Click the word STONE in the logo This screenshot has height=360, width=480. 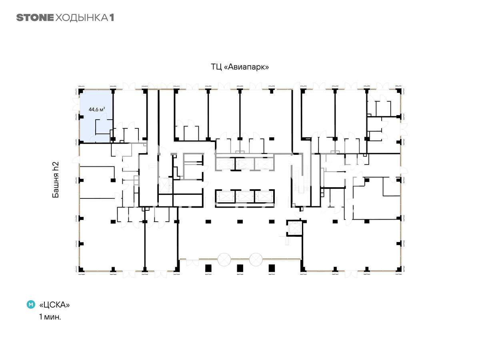pos(35,18)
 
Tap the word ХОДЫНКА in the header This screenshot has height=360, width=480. pos(82,18)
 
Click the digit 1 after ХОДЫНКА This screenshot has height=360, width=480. pos(112,18)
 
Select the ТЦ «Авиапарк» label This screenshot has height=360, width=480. pos(240,67)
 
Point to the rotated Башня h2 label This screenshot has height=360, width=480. pos(56,180)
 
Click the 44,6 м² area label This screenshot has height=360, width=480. pos(97,109)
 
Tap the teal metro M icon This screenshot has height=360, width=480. pos(31,304)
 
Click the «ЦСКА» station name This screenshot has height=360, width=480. pos(54,305)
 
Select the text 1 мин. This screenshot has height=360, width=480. pos(50,317)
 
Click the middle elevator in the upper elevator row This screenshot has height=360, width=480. pos(245,164)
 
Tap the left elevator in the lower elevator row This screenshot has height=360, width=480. pos(226,196)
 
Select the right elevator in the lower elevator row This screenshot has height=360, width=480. pos(264,196)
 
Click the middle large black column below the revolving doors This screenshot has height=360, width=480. pos(240,268)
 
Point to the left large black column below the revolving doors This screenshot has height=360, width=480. pos(208,268)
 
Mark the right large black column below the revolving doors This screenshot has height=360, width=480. pos(272,268)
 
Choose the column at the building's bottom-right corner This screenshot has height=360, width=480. pos(399,269)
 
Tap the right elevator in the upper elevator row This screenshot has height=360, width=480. pos(264,164)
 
